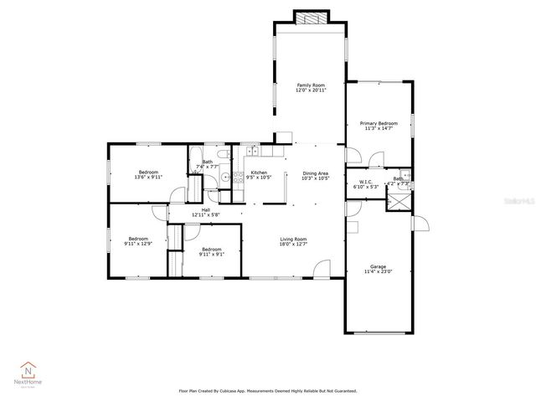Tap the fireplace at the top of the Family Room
click(310, 18)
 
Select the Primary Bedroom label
click(379, 126)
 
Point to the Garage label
click(379, 269)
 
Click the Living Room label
click(293, 242)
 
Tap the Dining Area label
click(316, 175)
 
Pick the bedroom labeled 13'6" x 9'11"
click(147, 175)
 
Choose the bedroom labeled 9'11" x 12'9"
click(138, 240)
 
